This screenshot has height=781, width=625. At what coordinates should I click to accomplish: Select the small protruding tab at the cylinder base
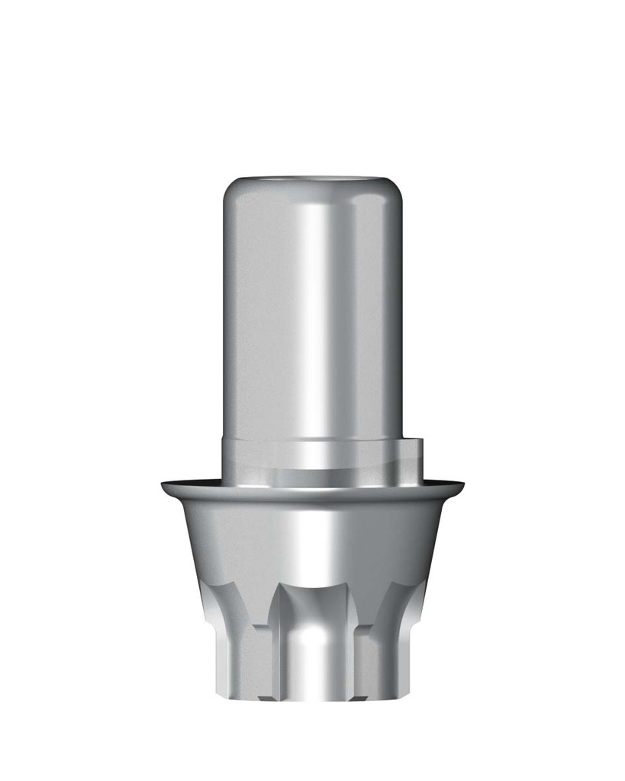point(411,454)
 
